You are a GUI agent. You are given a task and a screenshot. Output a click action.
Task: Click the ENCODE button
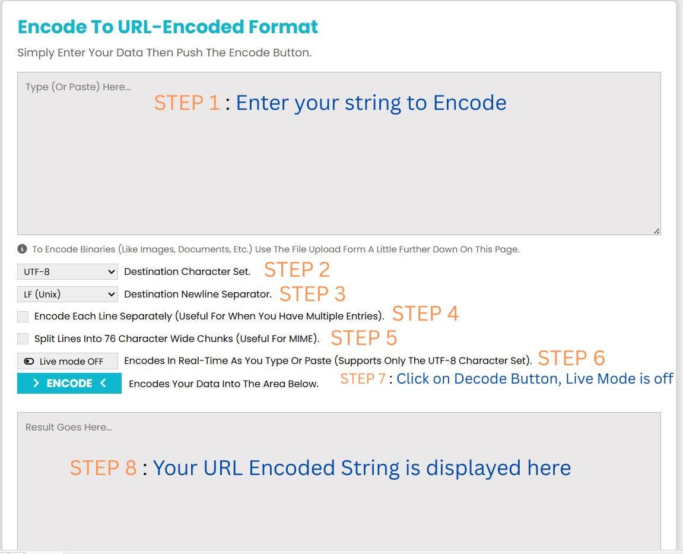(69, 384)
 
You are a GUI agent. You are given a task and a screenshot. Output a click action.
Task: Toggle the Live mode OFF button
(67, 361)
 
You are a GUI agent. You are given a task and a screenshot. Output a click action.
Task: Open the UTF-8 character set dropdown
(67, 272)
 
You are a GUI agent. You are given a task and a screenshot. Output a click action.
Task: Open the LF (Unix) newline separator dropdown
(67, 294)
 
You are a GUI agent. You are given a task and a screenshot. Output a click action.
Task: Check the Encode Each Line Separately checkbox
(23, 316)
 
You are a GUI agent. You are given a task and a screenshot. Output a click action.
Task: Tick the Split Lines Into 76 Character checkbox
(23, 338)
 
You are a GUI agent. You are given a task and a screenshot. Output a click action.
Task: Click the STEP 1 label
(187, 103)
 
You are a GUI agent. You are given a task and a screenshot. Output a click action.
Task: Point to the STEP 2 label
(297, 270)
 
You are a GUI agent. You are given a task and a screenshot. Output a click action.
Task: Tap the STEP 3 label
(312, 294)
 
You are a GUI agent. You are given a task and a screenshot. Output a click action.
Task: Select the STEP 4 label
(425, 314)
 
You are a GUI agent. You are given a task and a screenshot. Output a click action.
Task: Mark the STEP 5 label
(364, 338)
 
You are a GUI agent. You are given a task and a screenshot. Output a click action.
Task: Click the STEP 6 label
(571, 358)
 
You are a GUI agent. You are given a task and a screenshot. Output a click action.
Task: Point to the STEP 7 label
(363, 379)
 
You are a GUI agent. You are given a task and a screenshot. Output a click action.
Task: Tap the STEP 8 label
(103, 468)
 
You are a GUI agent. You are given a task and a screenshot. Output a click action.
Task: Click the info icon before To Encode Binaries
(22, 249)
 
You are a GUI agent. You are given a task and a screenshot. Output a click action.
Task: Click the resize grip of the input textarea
(656, 231)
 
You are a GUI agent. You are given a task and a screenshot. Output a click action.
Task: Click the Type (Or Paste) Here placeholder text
(78, 87)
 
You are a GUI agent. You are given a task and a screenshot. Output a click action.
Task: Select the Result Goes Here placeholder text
(69, 427)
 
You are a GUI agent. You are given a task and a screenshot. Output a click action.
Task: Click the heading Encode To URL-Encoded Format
(168, 27)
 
